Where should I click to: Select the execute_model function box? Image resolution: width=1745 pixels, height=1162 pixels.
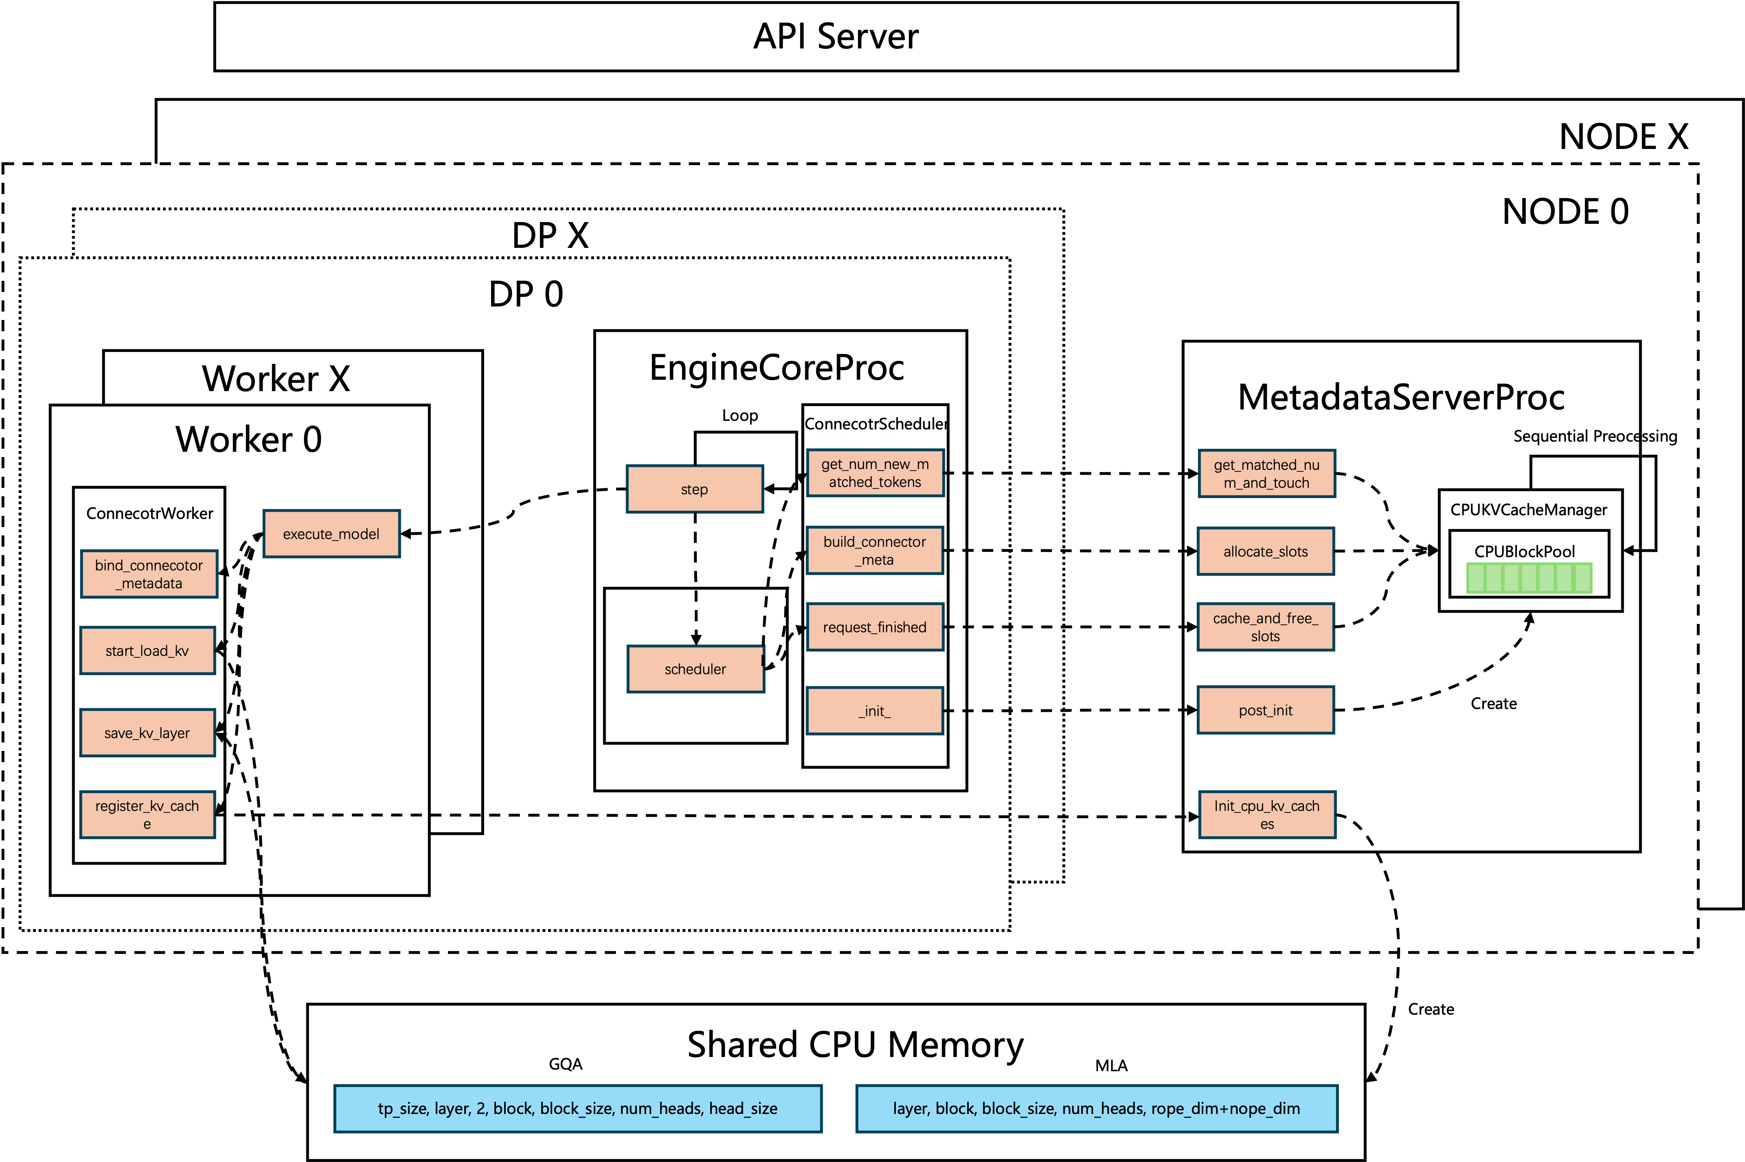(x=331, y=534)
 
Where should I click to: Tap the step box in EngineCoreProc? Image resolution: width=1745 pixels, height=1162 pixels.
(x=695, y=489)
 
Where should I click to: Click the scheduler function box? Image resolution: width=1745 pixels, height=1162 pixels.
(x=695, y=669)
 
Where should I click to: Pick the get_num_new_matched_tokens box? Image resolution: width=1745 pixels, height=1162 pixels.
(x=875, y=473)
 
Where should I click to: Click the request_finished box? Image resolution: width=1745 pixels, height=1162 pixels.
(x=875, y=627)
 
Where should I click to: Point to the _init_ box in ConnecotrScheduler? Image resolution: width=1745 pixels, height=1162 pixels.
(x=875, y=711)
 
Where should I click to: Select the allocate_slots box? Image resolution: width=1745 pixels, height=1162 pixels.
(x=1266, y=551)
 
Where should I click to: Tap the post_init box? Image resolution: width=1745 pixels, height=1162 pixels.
(x=1266, y=710)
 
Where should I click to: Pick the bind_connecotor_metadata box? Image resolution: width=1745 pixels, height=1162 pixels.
(x=149, y=574)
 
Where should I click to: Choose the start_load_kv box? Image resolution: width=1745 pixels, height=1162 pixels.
(x=147, y=651)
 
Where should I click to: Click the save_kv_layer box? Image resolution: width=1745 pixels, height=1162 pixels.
(x=147, y=733)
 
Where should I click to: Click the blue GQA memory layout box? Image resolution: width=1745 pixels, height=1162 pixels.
(x=578, y=1109)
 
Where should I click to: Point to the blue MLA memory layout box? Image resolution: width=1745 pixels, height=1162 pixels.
(x=1097, y=1109)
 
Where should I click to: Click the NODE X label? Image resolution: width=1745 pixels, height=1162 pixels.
(x=1623, y=137)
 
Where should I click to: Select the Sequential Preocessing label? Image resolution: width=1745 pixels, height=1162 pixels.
(x=1595, y=436)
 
